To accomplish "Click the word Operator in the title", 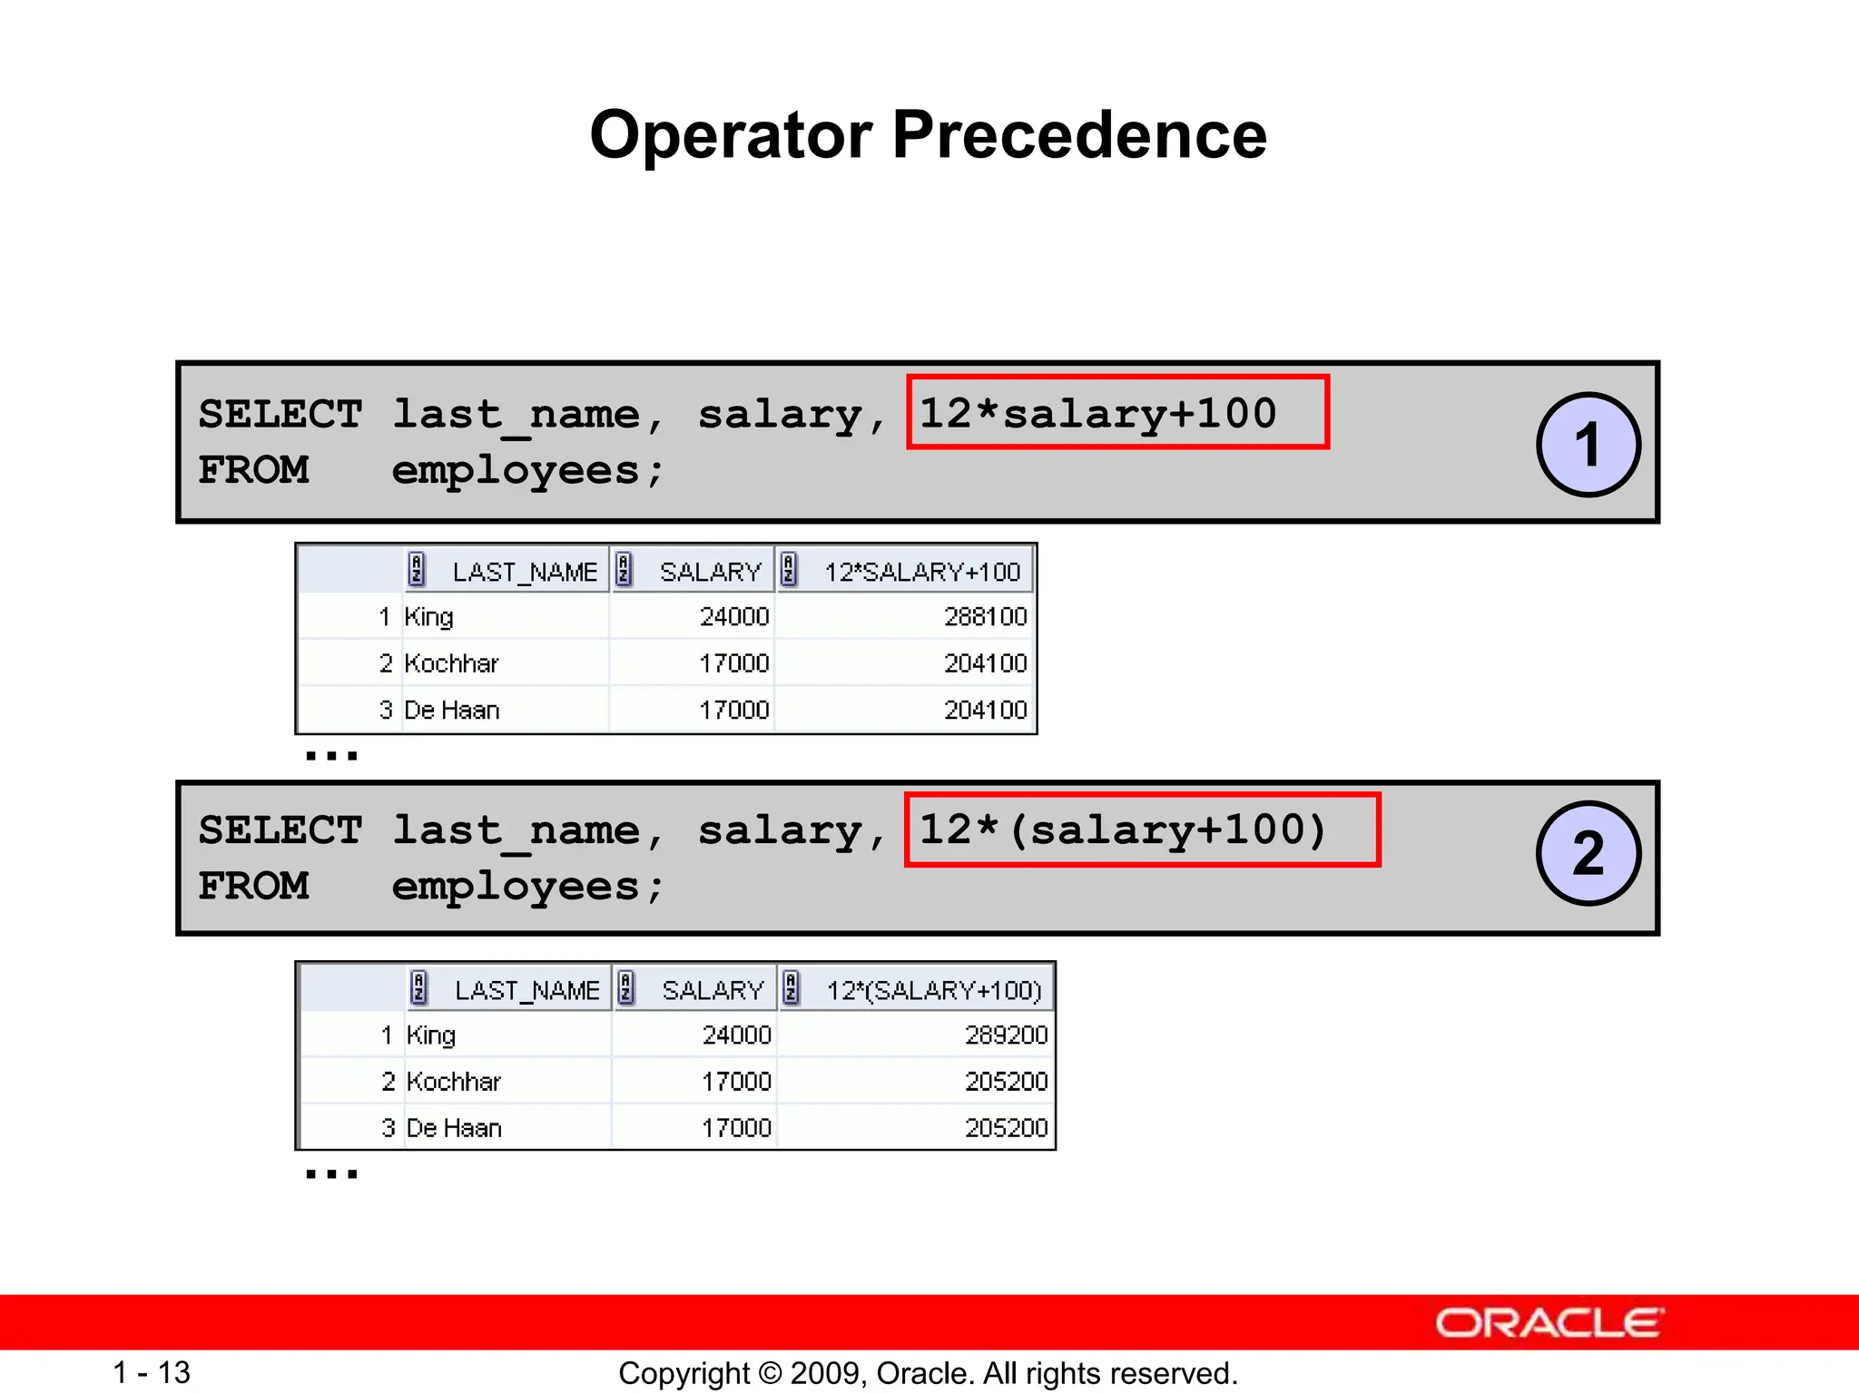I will pyautogui.click(x=731, y=135).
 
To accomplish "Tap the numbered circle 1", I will pyautogui.click(x=1588, y=445).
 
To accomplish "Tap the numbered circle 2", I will pyautogui.click(x=1588, y=853).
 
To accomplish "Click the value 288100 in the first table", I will pyautogui.click(x=985, y=617).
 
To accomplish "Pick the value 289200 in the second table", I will pyautogui.click(x=1006, y=1036).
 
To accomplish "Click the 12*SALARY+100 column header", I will pyautogui.click(x=921, y=572).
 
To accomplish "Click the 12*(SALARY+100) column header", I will pyautogui.click(x=933, y=990).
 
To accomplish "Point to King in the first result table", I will pyautogui.click(x=428, y=617).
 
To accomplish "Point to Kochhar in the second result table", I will pyautogui.click(x=454, y=1082).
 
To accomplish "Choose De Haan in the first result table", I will pyautogui.click(x=452, y=710).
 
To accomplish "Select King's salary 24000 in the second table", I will pyautogui.click(x=736, y=1036).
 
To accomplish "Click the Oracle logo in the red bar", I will pyautogui.click(x=1549, y=1323).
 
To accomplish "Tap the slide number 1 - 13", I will pyautogui.click(x=152, y=1372).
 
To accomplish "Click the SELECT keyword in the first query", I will pyautogui.click(x=280, y=414).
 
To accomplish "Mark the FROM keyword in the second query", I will pyautogui.click(x=253, y=886).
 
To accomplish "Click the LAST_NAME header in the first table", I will pyautogui.click(x=524, y=572).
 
